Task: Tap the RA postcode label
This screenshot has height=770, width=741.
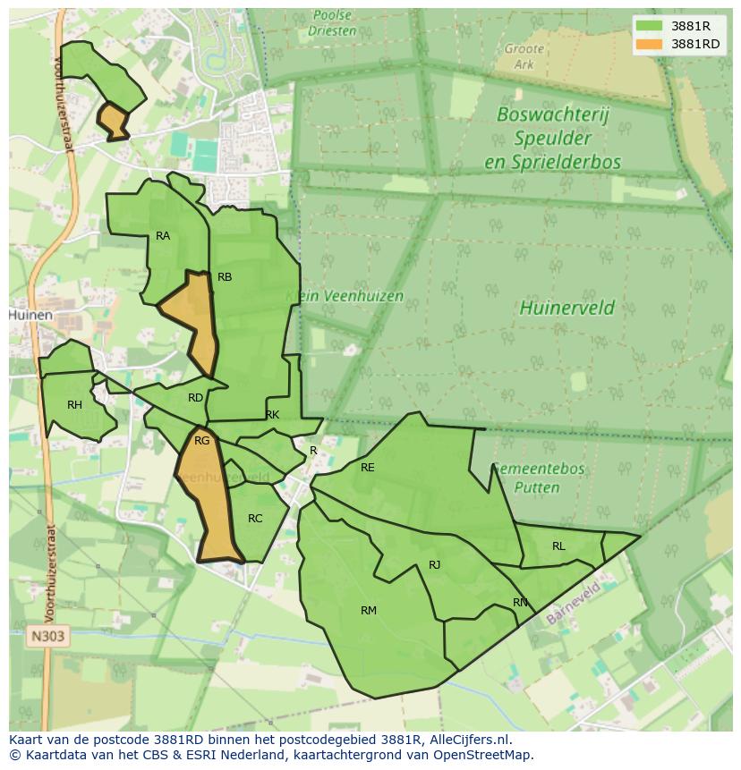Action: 163,236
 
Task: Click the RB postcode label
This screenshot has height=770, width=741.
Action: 225,277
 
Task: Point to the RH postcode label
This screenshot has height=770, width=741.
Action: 74,405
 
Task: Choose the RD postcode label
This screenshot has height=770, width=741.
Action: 195,398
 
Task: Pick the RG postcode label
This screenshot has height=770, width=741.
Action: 201,441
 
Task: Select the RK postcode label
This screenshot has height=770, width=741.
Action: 272,415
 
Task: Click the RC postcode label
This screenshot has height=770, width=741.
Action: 255,519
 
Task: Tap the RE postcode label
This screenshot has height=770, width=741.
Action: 367,468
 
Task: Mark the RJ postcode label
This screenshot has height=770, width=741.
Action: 434,565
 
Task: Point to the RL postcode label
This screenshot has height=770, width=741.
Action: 558,546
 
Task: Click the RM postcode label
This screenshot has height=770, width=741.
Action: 369,611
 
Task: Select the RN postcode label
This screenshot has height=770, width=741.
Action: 520,603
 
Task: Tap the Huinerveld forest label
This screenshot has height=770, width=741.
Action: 566,309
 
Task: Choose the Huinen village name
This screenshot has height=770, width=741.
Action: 30,316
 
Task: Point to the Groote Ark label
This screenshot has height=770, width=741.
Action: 524,56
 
